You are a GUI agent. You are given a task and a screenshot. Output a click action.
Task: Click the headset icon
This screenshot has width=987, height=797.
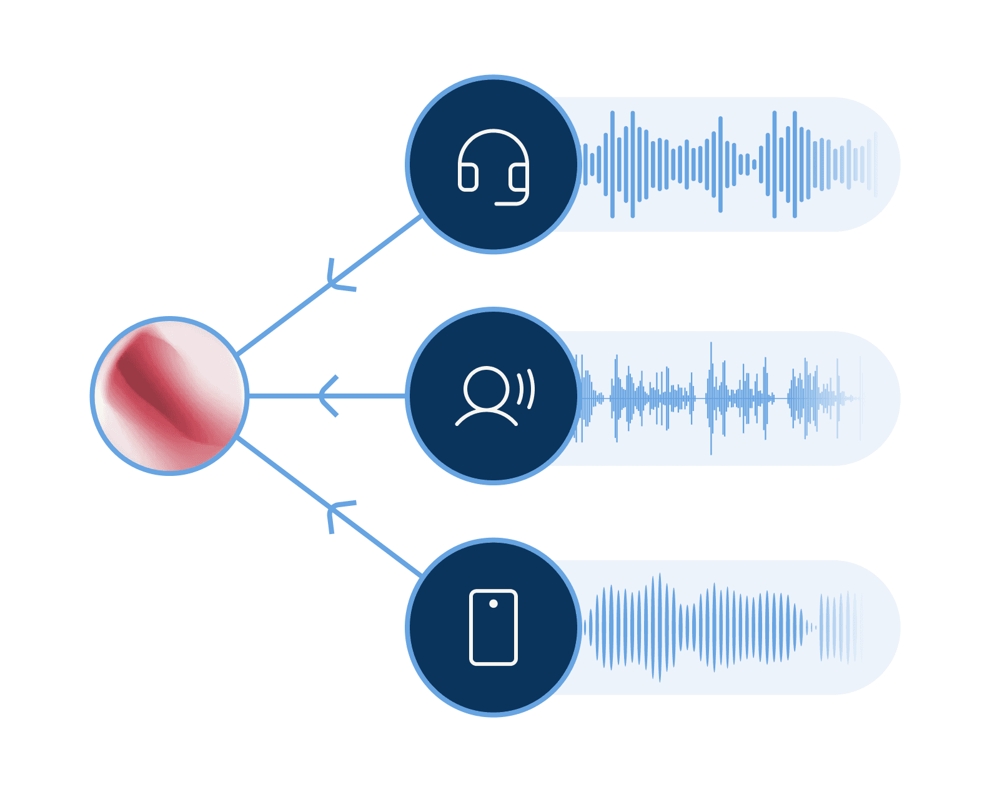[x=493, y=167]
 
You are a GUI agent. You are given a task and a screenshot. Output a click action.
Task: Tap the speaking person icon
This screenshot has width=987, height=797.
[x=493, y=397]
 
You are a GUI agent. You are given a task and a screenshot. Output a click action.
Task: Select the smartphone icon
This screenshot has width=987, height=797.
[x=493, y=627]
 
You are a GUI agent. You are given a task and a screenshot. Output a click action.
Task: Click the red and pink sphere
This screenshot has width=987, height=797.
[x=169, y=396]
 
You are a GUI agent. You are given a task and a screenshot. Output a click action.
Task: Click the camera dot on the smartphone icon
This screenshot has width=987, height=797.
[x=493, y=603]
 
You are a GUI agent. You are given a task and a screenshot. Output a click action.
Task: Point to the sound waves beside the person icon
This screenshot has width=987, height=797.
[x=526, y=389]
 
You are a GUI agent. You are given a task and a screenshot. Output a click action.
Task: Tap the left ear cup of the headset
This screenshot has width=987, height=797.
[x=468, y=177]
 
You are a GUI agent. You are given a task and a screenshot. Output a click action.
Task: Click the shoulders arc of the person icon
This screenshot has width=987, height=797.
[x=486, y=415]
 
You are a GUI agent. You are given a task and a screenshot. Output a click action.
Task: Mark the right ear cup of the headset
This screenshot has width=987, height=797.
[x=518, y=177]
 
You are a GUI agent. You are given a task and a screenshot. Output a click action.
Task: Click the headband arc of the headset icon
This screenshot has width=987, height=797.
[x=493, y=135]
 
